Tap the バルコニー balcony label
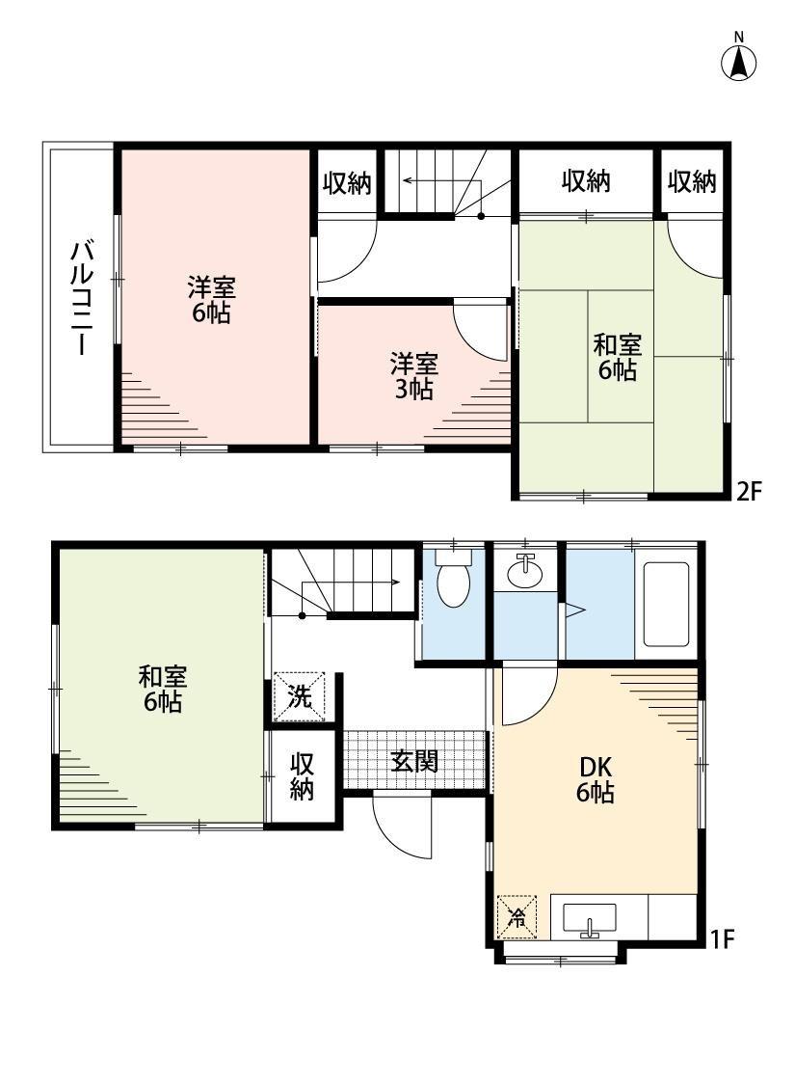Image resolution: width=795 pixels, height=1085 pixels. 82,298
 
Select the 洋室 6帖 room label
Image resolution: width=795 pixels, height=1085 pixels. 211,300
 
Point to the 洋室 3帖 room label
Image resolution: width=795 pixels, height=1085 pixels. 413,376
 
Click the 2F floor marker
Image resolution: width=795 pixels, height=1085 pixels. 748,491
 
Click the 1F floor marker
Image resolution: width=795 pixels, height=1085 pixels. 723,939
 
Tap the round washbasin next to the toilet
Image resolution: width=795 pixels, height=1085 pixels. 525,572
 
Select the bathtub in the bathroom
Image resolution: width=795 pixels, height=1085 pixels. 666,604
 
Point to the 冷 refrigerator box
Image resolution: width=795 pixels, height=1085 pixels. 517,917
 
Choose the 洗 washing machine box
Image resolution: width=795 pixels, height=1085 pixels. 300,696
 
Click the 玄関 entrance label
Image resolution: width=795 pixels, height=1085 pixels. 414,761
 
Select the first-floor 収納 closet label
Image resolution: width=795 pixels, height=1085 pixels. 302,776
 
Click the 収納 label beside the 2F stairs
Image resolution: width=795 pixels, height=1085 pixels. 347,182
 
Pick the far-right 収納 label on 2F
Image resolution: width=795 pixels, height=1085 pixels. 691,181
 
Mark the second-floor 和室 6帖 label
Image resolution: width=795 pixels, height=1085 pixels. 618,357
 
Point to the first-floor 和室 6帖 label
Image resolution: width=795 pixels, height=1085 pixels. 163,689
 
